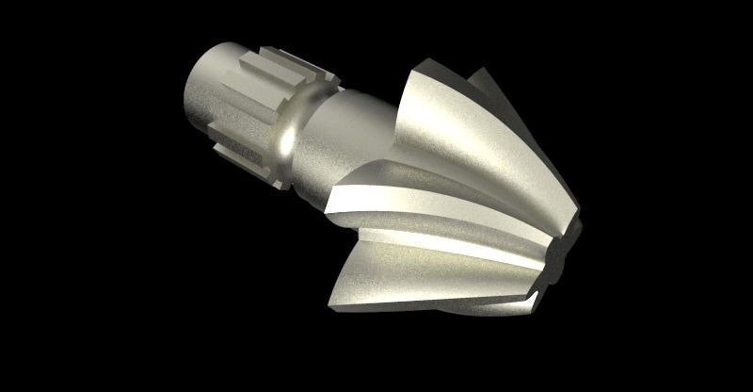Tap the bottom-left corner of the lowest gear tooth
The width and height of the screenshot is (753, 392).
[x=333, y=303]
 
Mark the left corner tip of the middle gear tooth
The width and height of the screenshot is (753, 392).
[x=328, y=205]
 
